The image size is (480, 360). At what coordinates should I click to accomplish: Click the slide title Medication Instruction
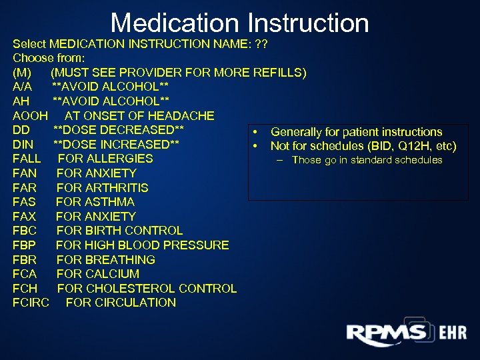[239, 23]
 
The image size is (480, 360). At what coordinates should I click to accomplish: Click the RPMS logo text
[386, 333]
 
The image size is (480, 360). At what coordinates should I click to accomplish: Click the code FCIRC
[32, 302]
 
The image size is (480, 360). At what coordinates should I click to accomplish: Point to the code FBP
[25, 245]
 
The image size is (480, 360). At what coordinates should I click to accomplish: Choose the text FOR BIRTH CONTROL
[119, 231]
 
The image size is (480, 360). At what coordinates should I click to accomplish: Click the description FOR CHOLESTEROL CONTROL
[147, 288]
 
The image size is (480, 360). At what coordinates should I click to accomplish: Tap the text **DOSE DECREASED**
[118, 129]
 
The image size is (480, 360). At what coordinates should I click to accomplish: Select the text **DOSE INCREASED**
[116, 144]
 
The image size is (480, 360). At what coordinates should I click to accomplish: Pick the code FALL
[27, 159]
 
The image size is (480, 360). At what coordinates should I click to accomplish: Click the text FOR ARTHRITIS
[102, 187]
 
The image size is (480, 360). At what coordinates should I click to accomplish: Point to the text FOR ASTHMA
[95, 201]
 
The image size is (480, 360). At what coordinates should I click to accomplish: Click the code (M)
[21, 72]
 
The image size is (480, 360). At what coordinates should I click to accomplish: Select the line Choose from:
[49, 57]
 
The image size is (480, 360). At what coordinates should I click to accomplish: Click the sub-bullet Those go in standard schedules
[367, 160]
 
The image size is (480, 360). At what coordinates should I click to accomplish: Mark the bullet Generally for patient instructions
[356, 132]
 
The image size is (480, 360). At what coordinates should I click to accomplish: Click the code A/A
[22, 87]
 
